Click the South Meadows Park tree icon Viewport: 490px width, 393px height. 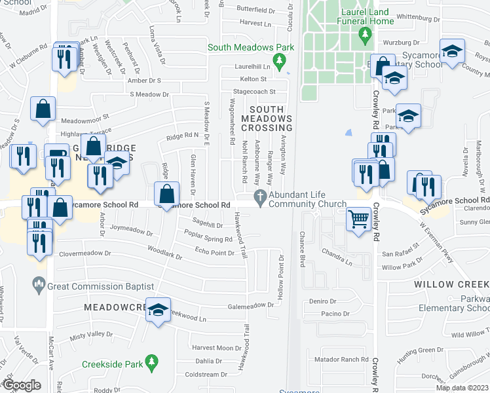point(280,62)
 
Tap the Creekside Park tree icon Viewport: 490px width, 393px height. point(151,362)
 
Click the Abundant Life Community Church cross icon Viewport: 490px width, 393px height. point(261,196)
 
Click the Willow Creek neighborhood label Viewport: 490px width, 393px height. point(451,285)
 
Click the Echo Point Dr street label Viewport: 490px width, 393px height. point(214,252)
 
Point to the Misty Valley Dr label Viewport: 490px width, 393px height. point(92,334)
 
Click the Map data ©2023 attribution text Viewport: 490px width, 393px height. point(462,388)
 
